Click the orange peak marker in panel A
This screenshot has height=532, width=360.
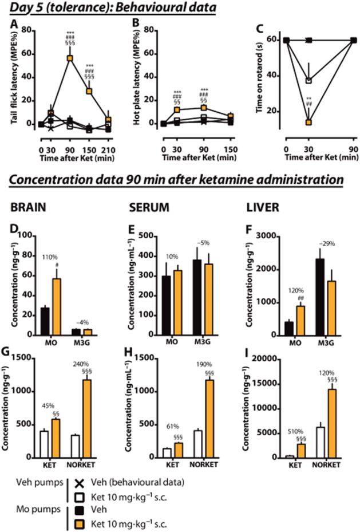(x=70, y=58)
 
